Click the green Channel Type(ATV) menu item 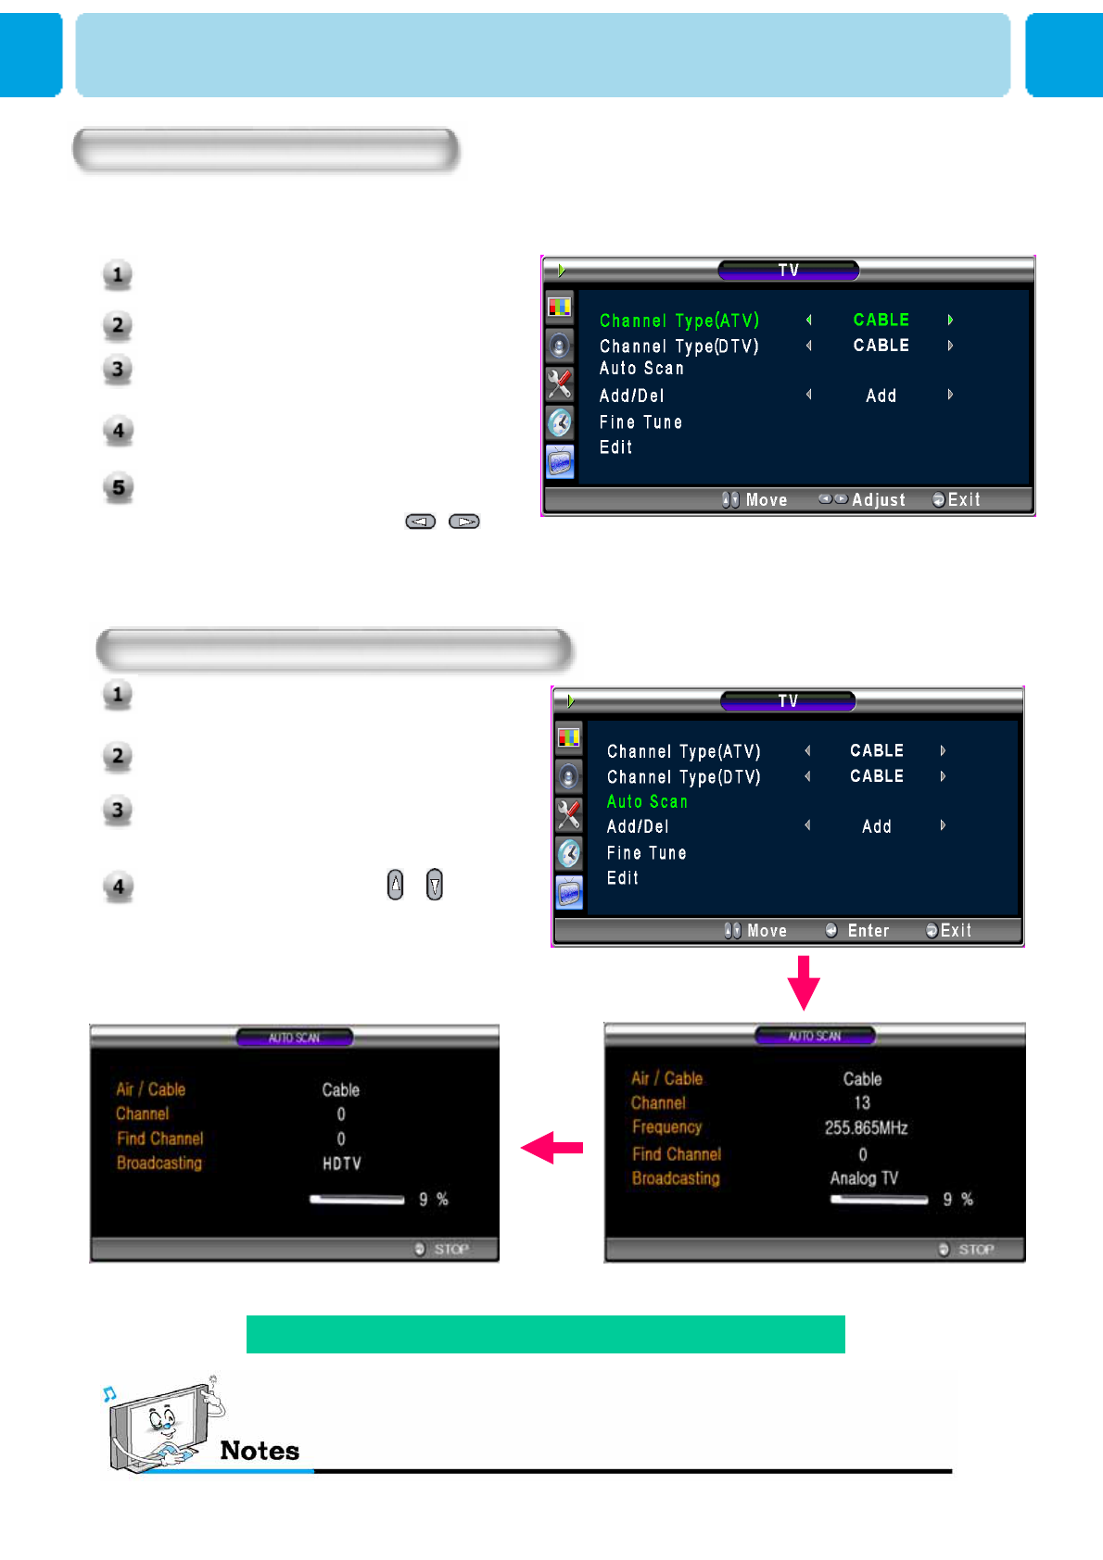click(678, 321)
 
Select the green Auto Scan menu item click(647, 801)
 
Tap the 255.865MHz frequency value click(866, 1127)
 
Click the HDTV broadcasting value click(341, 1164)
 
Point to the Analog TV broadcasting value click(863, 1178)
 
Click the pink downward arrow click(804, 982)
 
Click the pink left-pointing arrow click(552, 1148)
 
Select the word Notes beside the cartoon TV click(260, 1451)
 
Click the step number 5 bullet click(119, 487)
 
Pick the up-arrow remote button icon click(396, 885)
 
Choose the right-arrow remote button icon click(464, 522)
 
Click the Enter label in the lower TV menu click(868, 931)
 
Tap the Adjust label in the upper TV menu click(878, 500)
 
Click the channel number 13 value click(862, 1102)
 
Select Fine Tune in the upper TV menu click(640, 422)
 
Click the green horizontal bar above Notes click(545, 1334)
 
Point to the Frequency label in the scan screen click(666, 1127)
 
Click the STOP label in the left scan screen click(451, 1249)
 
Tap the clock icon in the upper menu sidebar click(560, 422)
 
